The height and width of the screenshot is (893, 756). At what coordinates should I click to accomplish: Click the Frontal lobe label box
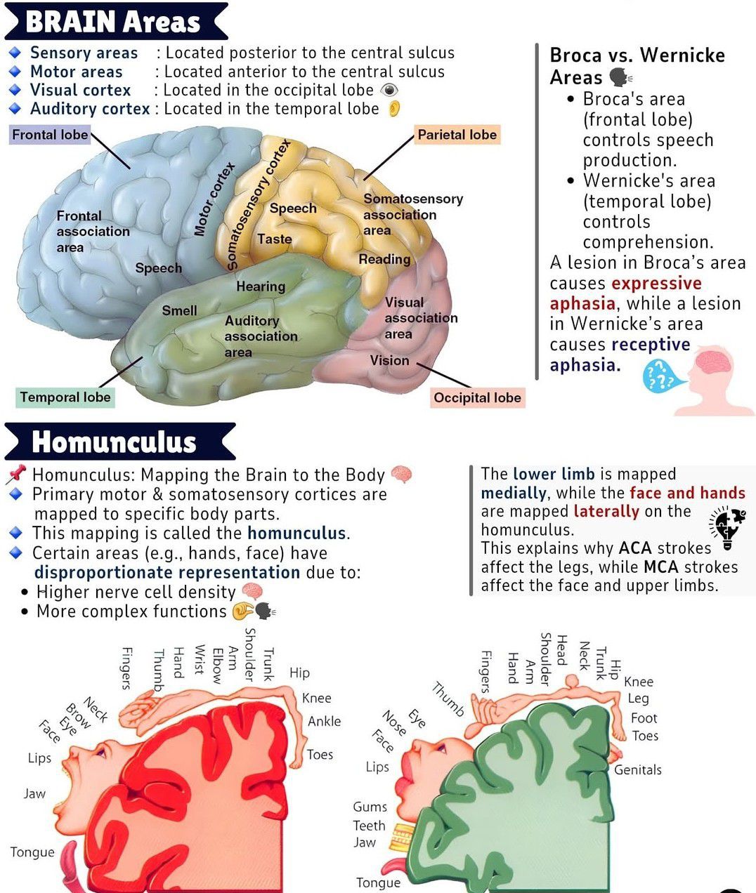pos(50,135)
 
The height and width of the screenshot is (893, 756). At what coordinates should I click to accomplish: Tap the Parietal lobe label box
pos(457,135)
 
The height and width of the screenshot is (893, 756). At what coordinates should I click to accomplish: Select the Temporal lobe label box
pos(65,397)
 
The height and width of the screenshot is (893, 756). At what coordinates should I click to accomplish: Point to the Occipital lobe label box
pos(477,398)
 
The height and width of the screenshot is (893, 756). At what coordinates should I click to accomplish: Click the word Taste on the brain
pos(274,239)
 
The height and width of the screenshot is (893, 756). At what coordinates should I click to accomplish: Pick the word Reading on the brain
pos(384,259)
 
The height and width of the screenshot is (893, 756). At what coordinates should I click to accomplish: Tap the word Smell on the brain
pos(179,310)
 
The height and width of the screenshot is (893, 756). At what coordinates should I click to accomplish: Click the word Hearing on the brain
pos(261,286)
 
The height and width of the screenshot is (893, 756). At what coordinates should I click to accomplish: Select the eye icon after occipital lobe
pos(389,91)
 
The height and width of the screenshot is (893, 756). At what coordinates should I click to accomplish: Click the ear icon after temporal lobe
pos(395,109)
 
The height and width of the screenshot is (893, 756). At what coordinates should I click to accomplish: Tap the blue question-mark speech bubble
pos(659,377)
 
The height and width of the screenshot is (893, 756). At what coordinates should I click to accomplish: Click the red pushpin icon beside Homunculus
pos(15,475)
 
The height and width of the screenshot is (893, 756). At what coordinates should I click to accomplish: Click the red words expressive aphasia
pos(625,293)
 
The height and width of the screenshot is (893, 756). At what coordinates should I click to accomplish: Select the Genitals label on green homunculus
pos(637,770)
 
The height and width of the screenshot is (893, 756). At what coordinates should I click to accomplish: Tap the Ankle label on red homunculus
pos(324,721)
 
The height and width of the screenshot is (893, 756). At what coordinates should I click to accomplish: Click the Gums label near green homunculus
pos(370,807)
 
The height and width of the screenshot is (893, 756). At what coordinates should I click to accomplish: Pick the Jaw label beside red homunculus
pos(34,794)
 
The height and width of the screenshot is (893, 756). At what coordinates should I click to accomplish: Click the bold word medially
pos(514,493)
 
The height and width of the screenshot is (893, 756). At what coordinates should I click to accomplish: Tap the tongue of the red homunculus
pos(69,864)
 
